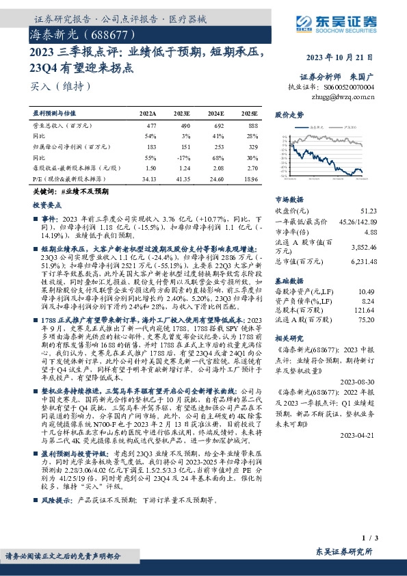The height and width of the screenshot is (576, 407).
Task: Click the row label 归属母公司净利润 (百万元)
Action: click(67, 146)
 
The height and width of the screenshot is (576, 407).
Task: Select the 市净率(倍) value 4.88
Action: click(369, 232)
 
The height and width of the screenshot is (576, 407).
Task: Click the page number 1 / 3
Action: click(370, 540)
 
